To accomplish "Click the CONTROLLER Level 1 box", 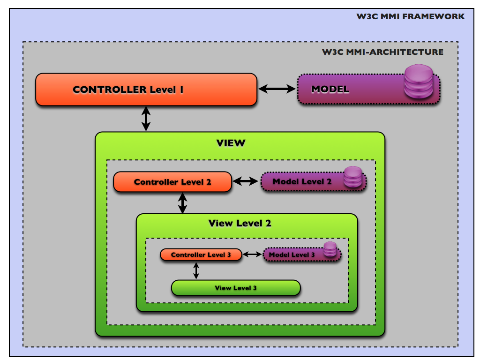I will click(146, 89).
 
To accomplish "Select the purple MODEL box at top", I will click(347, 89).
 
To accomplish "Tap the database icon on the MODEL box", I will click(419, 82).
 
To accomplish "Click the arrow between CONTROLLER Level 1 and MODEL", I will click(277, 89).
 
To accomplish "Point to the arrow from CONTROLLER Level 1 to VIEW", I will click(146, 119).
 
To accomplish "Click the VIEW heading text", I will click(231, 143).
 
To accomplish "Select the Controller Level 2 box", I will click(172, 182).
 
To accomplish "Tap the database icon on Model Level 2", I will click(353, 177).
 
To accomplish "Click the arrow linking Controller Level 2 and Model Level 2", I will click(246, 181).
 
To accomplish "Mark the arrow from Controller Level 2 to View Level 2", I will click(182, 202).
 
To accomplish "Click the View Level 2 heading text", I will click(240, 223).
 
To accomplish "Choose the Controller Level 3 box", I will click(201, 255).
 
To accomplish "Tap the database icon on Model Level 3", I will click(330, 249).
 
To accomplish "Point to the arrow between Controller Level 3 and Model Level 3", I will click(252, 254).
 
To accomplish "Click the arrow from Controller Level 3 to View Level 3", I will click(196, 270).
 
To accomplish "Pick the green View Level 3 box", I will click(235, 288).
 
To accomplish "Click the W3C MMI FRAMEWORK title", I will click(411, 16).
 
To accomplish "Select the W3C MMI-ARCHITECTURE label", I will click(382, 52).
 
